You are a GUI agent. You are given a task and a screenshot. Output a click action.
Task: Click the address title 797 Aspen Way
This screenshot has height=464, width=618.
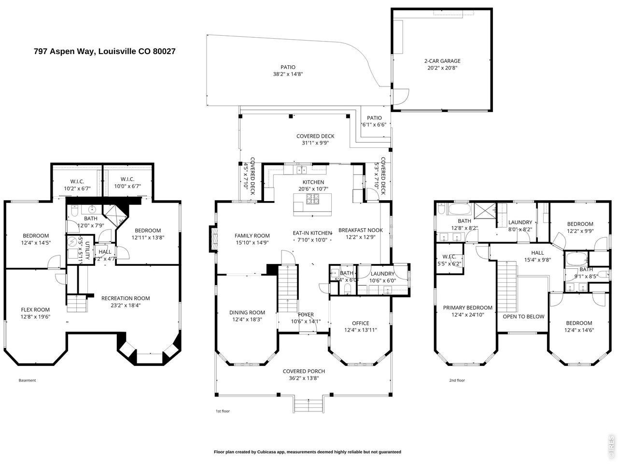104,51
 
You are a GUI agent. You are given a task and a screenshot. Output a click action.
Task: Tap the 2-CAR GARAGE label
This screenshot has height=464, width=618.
442,61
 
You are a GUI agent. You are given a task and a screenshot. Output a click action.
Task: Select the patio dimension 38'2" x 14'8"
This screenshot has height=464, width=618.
288,74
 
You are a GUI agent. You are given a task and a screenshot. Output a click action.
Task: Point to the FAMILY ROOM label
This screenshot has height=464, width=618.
252,236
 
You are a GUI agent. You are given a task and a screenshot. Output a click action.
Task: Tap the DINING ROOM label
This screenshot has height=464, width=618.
247,312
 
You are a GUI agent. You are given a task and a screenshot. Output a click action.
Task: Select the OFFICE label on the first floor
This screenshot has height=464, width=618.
360,323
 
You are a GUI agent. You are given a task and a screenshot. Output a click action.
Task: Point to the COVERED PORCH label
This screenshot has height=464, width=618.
304,371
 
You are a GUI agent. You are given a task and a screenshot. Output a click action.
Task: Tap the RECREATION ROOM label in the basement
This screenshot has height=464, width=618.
126,298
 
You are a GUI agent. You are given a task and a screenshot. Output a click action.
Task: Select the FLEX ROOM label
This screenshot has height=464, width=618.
35,310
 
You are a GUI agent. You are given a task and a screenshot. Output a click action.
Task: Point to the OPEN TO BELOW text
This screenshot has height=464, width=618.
523,317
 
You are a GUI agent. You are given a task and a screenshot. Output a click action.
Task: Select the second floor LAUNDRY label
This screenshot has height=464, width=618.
520,222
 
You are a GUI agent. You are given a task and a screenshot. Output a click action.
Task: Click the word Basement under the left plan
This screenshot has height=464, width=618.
27,380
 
